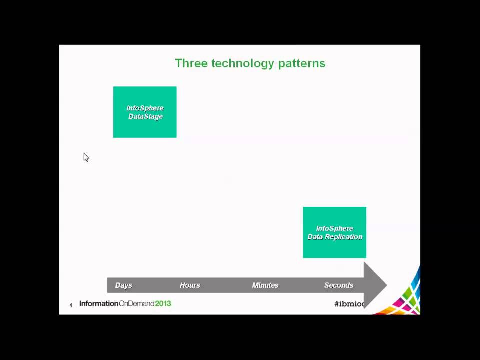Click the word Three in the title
tap(191, 63)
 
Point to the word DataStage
tap(145, 117)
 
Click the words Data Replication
tap(335, 237)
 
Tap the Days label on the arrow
tap(123, 285)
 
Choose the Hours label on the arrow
tap(190, 285)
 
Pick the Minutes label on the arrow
tap(265, 285)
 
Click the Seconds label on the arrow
tap(339, 285)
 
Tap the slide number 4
tap(71, 305)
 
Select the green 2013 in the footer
tap(163, 303)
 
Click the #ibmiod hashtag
tap(350, 304)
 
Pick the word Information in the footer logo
tap(99, 303)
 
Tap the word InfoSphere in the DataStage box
tap(145, 108)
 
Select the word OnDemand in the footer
tap(136, 303)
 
